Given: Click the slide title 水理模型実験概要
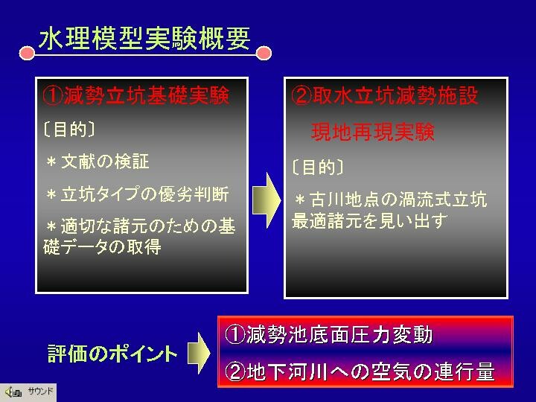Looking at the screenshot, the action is coord(144,38).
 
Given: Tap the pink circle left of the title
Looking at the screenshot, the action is coord(27,54).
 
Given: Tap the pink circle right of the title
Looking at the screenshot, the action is coord(264,54).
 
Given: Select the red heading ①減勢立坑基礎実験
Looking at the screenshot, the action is coord(136,95).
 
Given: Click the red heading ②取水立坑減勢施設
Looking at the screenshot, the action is coord(385,95).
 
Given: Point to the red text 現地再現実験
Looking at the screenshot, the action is coord(373,132).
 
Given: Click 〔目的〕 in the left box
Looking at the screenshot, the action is coord(69,130).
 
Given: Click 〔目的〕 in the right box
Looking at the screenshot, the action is coord(318,167).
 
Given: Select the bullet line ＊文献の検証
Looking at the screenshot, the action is coord(98,162).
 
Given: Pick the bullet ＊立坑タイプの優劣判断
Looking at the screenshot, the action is coord(138,194).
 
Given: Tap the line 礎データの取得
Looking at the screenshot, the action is coord(102,247).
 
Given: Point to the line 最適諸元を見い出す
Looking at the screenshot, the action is coord(369,221).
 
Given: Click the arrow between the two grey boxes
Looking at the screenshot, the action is coord(267,200).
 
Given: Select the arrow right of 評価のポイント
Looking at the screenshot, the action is coord(199,353).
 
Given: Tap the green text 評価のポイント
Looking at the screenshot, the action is coord(113,354).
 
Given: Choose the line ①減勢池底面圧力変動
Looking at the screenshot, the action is coord(329,335).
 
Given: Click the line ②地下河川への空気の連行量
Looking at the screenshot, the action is coord(360,371).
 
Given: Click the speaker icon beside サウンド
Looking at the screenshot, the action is coord(13,392).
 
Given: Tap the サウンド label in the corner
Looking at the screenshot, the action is coord(40,391).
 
